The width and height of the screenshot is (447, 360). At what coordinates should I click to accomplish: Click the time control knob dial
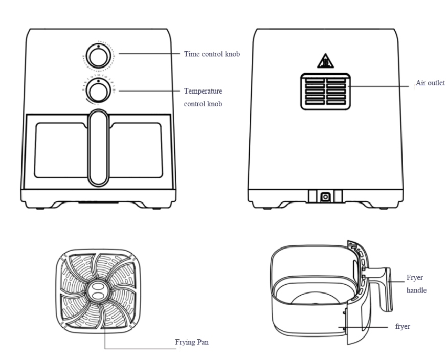(x=99, y=56)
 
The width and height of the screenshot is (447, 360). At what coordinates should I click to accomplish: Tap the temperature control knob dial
(x=99, y=91)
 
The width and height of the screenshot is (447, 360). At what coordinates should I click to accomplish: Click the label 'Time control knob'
(x=212, y=54)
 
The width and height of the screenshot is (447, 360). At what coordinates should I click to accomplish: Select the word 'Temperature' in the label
(x=203, y=91)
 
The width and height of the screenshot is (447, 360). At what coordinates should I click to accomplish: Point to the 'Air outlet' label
(x=430, y=83)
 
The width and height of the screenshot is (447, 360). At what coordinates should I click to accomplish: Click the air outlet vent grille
(x=326, y=92)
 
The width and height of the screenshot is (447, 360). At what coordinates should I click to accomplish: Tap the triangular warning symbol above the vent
(x=325, y=61)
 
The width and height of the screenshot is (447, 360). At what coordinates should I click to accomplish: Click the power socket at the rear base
(x=326, y=197)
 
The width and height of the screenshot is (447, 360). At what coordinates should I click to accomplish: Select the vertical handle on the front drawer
(x=99, y=148)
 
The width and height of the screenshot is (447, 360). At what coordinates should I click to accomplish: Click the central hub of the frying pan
(x=98, y=291)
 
